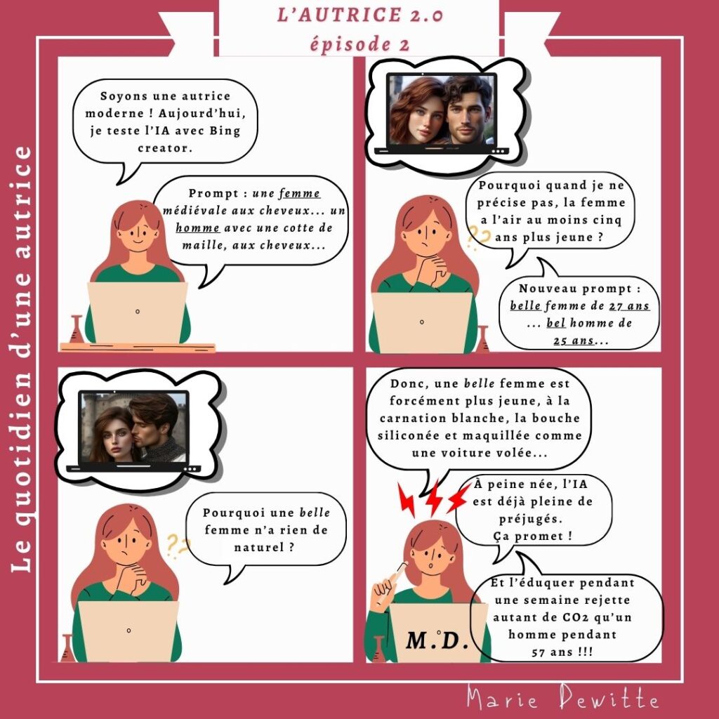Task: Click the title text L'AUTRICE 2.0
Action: click(x=360, y=15)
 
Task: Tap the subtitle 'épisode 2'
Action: click(x=359, y=44)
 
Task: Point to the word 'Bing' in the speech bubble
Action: click(x=225, y=131)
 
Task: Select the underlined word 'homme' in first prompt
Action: click(x=197, y=228)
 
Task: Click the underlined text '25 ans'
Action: click(x=574, y=341)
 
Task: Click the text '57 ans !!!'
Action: click(x=562, y=652)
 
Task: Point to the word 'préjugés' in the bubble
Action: click(x=531, y=519)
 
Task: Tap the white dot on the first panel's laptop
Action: click(x=138, y=312)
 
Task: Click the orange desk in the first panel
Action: click(x=138, y=347)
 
